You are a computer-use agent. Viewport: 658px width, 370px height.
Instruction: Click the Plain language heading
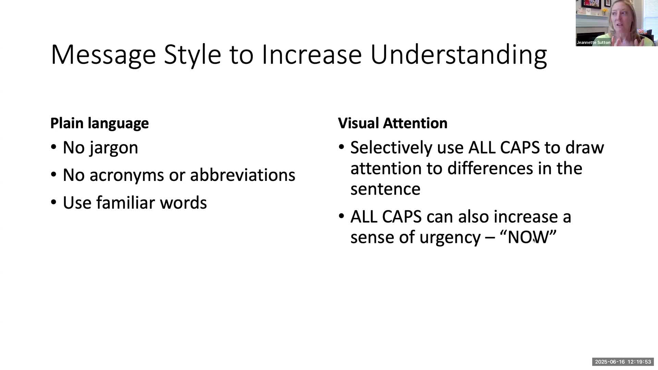click(99, 123)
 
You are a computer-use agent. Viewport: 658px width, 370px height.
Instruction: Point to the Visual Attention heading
click(392, 123)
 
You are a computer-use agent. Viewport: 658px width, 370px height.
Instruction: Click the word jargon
click(114, 148)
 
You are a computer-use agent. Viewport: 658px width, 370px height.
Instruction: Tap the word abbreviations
click(242, 175)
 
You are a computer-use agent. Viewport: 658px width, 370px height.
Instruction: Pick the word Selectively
click(391, 148)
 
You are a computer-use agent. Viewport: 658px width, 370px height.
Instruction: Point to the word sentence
click(385, 189)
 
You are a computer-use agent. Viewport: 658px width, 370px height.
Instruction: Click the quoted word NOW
click(528, 237)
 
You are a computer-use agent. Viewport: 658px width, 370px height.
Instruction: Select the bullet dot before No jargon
click(53, 147)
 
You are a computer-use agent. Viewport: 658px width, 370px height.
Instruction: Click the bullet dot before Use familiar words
click(53, 202)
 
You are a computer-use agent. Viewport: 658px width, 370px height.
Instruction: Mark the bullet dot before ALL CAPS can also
click(341, 216)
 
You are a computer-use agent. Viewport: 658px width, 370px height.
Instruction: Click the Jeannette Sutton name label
click(593, 42)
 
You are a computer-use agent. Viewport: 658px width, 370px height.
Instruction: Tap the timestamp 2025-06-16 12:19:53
click(623, 362)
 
